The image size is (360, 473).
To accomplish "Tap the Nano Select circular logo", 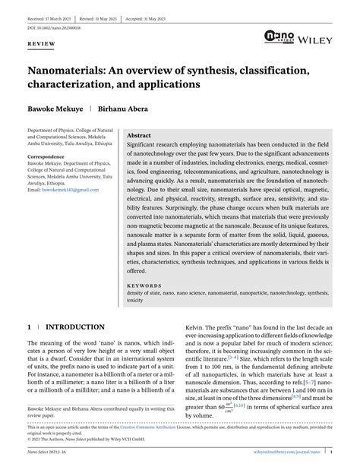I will coord(276,35).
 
